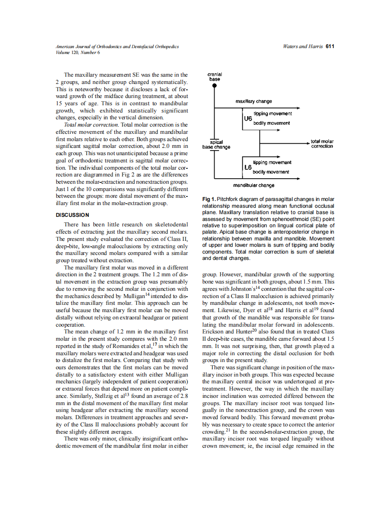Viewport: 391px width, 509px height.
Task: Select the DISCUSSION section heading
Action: coord(72,215)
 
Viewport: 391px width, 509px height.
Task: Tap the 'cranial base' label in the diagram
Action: coord(215,76)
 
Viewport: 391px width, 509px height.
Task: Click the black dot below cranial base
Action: coord(215,85)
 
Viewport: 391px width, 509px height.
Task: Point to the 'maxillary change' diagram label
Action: coord(254,101)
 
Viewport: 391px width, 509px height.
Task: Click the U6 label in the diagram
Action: coord(248,118)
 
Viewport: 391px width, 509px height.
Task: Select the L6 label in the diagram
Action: coord(248,167)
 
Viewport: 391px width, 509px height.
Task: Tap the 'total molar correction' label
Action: coord(322,144)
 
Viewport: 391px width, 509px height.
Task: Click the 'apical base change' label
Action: coord(216,144)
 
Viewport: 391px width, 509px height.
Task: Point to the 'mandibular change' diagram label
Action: coord(254,185)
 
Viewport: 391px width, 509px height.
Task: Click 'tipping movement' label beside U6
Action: coord(273,113)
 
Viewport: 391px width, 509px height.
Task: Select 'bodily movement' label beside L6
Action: coord(271,172)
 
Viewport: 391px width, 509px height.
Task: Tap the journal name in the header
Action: coord(117,47)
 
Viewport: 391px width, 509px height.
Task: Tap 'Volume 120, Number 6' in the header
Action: coord(78,52)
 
